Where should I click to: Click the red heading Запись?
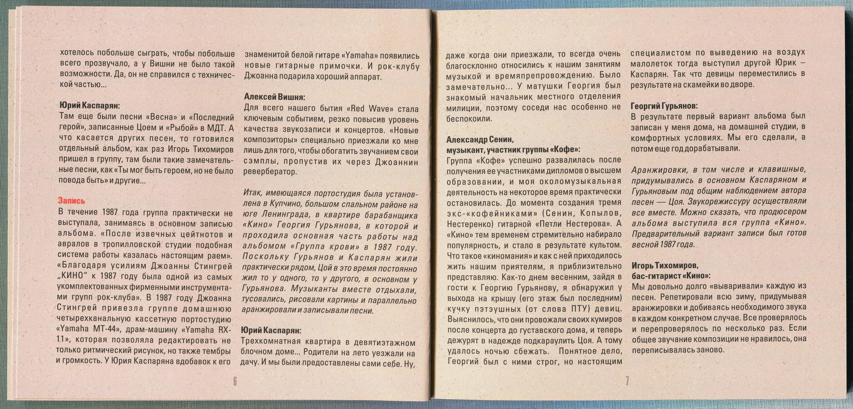click(71, 201)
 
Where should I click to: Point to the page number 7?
click(627, 381)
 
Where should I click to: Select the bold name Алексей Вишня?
click(275, 97)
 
